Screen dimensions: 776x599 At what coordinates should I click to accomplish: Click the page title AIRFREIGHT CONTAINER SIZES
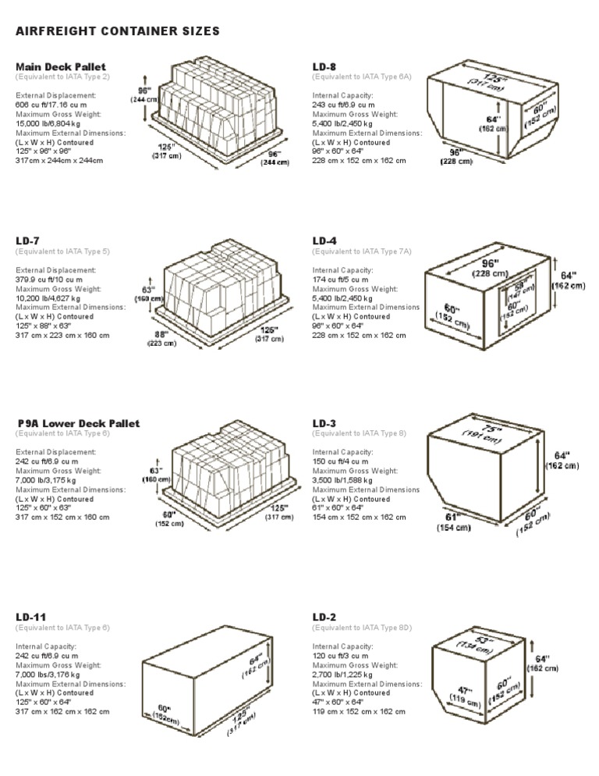pyautogui.click(x=117, y=31)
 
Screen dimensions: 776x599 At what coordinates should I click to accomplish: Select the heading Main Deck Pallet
pyautogui.click(x=61, y=67)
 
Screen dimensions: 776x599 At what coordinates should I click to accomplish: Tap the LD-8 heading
pyautogui.click(x=324, y=67)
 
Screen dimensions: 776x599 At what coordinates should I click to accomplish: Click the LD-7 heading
pyautogui.click(x=27, y=241)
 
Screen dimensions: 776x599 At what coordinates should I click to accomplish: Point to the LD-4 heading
pyautogui.click(x=324, y=241)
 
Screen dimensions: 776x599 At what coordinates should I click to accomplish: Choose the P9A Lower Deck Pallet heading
pyautogui.click(x=79, y=423)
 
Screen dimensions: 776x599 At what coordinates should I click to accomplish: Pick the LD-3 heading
pyautogui.click(x=324, y=423)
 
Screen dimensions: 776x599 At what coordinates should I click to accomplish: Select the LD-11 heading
pyautogui.click(x=30, y=617)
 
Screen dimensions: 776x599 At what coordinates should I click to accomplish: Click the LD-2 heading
pyautogui.click(x=324, y=617)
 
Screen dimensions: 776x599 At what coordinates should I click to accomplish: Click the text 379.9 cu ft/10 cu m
pyautogui.click(x=50, y=279)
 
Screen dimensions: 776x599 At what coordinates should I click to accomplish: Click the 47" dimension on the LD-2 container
pyautogui.click(x=466, y=691)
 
